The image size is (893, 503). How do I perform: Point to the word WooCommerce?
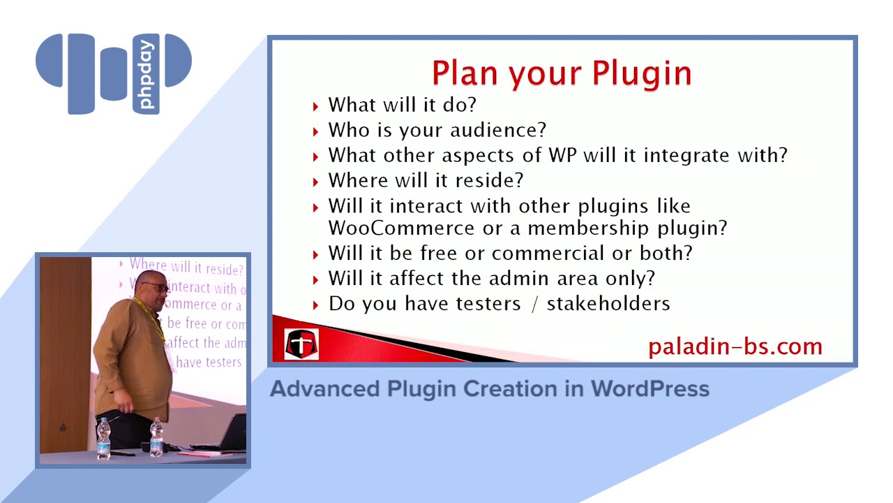coord(402,228)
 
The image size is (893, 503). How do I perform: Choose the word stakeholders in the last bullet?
coord(608,304)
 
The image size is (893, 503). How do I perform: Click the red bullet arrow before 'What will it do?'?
coord(315,106)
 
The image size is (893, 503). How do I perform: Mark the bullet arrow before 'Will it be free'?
coord(315,254)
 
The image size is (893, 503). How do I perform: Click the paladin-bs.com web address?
coord(735,347)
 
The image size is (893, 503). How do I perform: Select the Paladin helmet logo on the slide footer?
coord(301,344)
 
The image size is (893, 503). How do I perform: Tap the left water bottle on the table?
coord(104,438)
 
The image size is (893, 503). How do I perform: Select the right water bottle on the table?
coord(156,437)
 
